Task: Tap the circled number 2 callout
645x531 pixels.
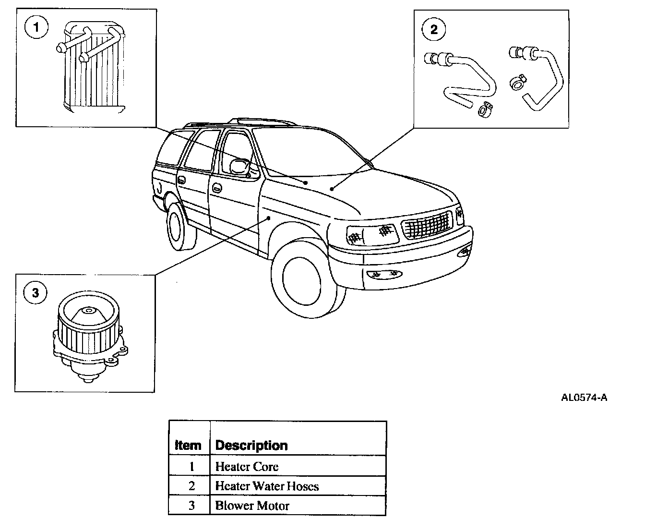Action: point(434,30)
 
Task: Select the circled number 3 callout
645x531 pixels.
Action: point(36,292)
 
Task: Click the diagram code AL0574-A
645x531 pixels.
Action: point(584,398)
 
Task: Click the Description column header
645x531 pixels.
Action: point(251,445)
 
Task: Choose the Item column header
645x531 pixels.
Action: point(188,445)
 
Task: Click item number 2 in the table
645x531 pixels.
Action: point(191,486)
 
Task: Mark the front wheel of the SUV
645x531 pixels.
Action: point(301,278)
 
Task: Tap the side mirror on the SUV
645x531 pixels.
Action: point(239,166)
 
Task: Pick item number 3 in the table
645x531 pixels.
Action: point(191,506)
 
